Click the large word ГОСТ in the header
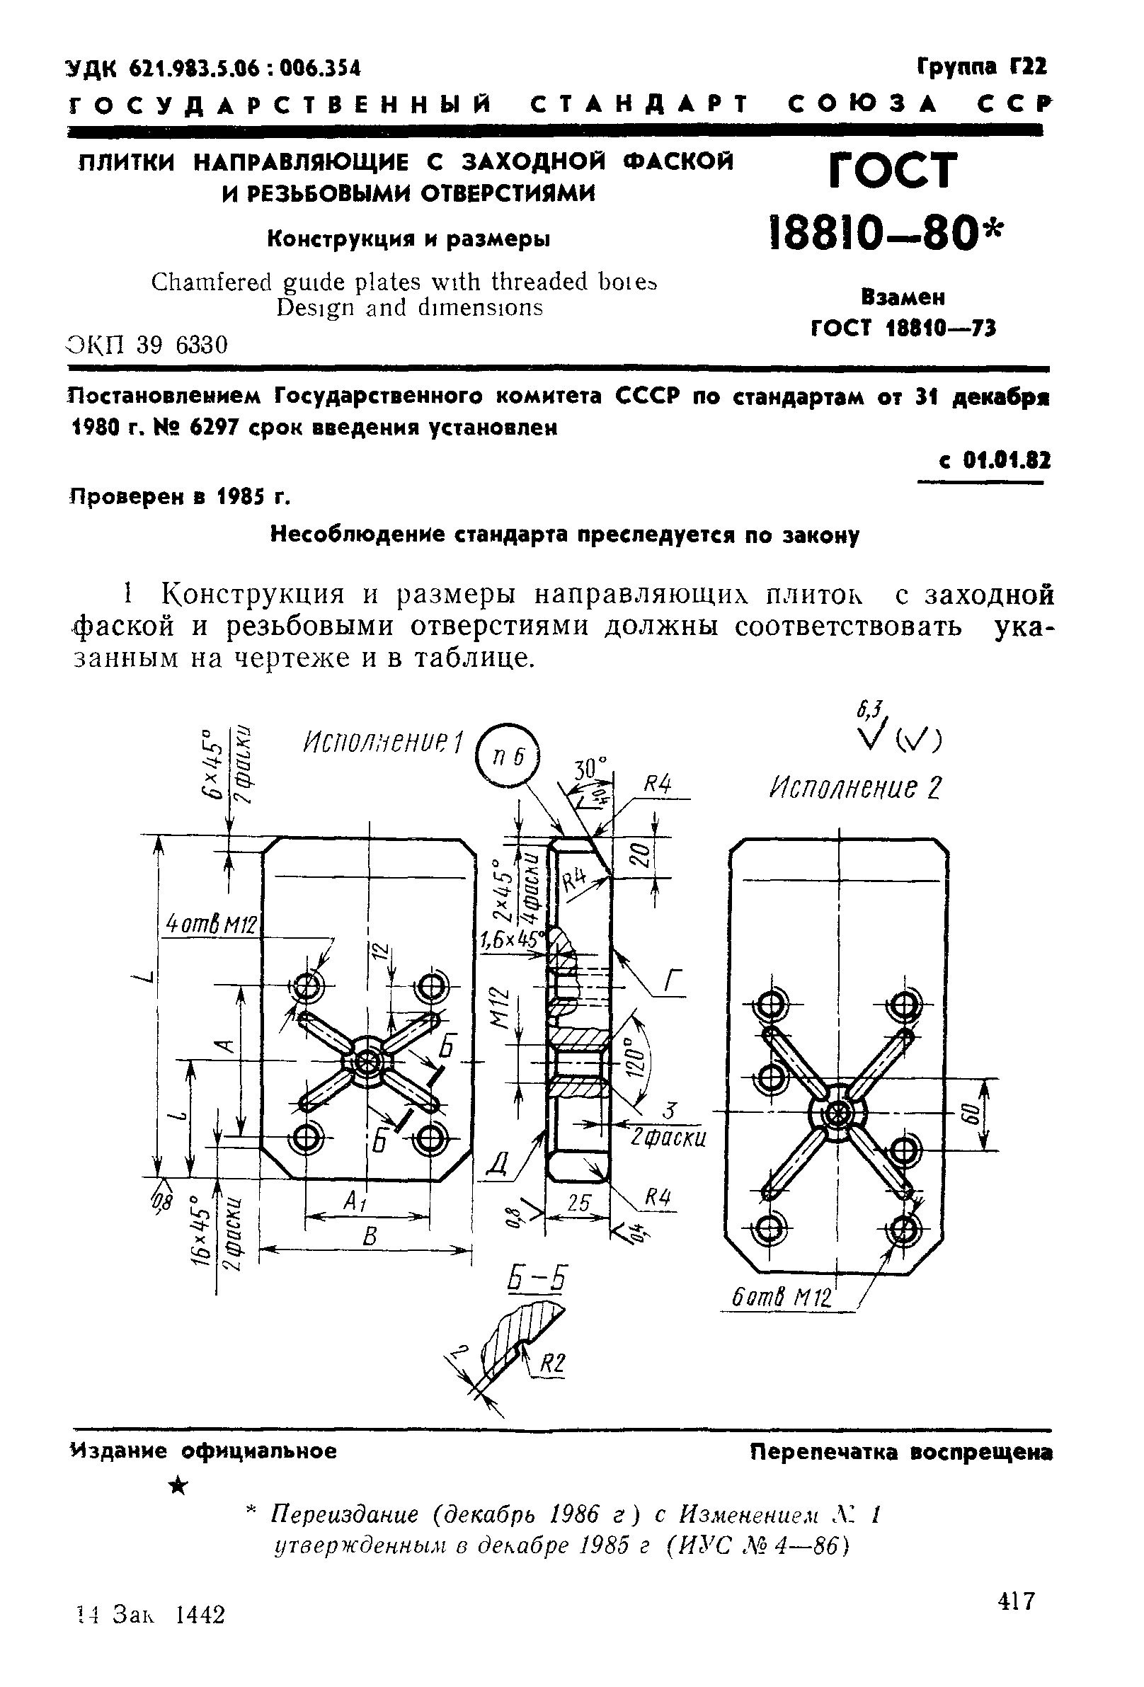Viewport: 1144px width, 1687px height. [x=892, y=171]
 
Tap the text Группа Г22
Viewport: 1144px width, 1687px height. [x=982, y=67]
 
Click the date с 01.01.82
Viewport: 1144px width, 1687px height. [x=994, y=460]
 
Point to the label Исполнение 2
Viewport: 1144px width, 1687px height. [x=855, y=787]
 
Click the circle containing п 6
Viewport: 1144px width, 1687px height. [x=508, y=757]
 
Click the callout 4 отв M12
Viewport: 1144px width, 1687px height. [x=211, y=925]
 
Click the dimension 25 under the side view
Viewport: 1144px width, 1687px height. [x=578, y=1203]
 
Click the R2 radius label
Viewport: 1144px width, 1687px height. [x=551, y=1365]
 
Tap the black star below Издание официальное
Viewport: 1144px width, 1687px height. [x=178, y=1487]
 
